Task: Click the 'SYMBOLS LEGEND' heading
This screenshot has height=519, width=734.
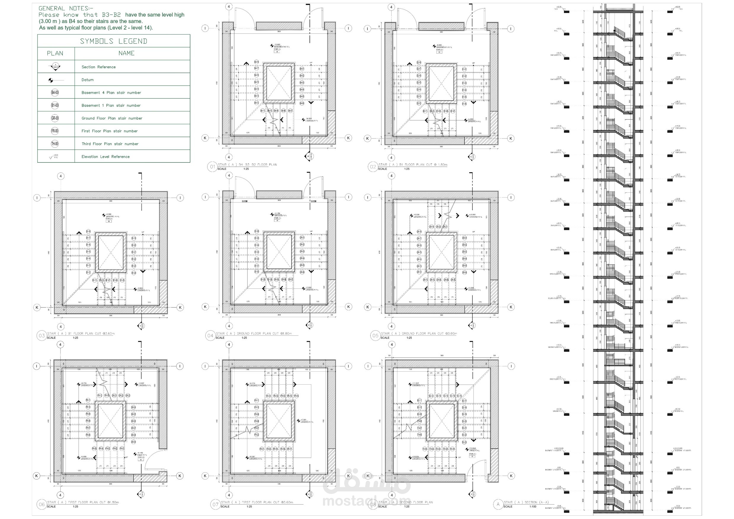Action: coord(113,41)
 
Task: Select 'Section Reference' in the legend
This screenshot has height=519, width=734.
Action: coord(99,67)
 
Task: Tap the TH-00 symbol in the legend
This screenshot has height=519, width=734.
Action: coord(55,144)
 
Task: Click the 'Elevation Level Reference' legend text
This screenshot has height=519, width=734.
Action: coord(105,157)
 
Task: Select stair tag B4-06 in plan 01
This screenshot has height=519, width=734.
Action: coord(302,104)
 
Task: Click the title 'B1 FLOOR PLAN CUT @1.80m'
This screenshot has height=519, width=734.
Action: coord(413,165)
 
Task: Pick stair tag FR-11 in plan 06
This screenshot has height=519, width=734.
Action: coord(88,400)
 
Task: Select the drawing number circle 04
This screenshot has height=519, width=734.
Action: coord(210,336)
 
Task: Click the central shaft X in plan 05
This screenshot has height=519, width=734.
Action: coord(441,252)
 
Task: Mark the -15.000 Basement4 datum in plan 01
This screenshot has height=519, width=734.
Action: coord(277,46)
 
